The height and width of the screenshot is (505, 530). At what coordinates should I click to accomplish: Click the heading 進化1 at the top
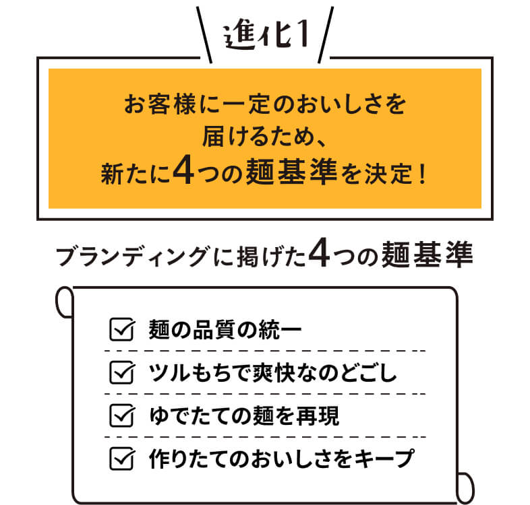(266, 36)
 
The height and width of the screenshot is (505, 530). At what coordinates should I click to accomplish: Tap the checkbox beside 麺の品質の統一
(122, 329)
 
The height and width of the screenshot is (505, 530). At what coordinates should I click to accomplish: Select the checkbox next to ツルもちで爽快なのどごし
(122, 372)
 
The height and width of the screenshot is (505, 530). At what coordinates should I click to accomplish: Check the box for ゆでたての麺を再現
(122, 415)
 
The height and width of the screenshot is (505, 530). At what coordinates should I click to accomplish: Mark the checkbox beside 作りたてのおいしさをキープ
(122, 459)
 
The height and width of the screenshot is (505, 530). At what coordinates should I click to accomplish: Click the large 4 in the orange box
(183, 170)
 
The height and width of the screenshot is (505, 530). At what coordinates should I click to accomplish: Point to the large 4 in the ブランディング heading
(319, 252)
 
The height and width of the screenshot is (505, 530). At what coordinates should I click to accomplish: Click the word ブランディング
(131, 257)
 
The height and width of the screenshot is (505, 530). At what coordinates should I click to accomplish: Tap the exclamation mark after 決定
(421, 174)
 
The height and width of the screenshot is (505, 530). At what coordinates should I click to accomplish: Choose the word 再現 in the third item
(318, 416)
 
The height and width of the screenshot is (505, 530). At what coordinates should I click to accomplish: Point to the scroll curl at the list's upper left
(64, 302)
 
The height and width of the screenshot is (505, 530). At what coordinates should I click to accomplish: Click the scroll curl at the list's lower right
(465, 488)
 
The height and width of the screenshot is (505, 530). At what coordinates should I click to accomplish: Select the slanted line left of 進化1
(204, 35)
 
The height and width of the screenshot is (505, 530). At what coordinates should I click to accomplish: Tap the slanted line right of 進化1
(326, 35)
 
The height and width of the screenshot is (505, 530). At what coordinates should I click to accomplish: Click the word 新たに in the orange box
(136, 174)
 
